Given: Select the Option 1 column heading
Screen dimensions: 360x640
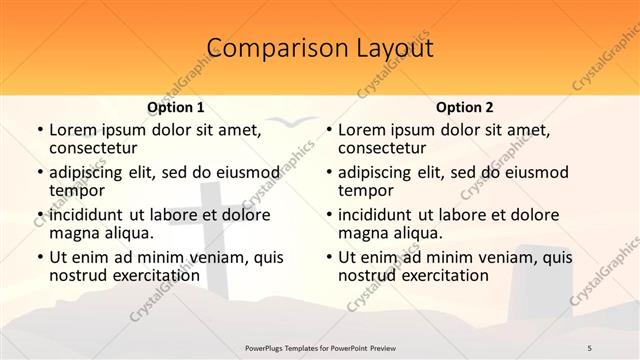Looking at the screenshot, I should (x=176, y=106).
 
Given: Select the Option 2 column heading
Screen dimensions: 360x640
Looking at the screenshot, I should (x=465, y=106).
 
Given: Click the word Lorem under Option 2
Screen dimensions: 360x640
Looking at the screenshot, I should (x=362, y=130).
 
